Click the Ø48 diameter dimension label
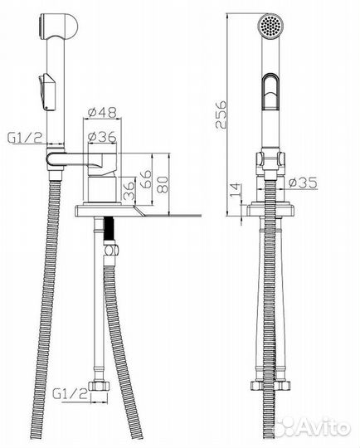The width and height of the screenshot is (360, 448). point(102,112)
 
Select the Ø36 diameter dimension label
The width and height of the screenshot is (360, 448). point(102,137)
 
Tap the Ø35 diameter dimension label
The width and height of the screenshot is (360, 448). point(303,183)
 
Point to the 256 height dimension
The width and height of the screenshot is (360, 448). point(221,114)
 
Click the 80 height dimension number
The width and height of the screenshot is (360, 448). point(163,185)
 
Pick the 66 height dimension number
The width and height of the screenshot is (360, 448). point(146,179)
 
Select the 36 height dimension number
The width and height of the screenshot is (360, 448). point(129,191)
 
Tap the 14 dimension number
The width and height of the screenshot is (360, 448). point(235,190)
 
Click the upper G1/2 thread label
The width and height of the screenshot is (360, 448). point(25,139)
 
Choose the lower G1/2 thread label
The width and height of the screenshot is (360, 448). point(70,394)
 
